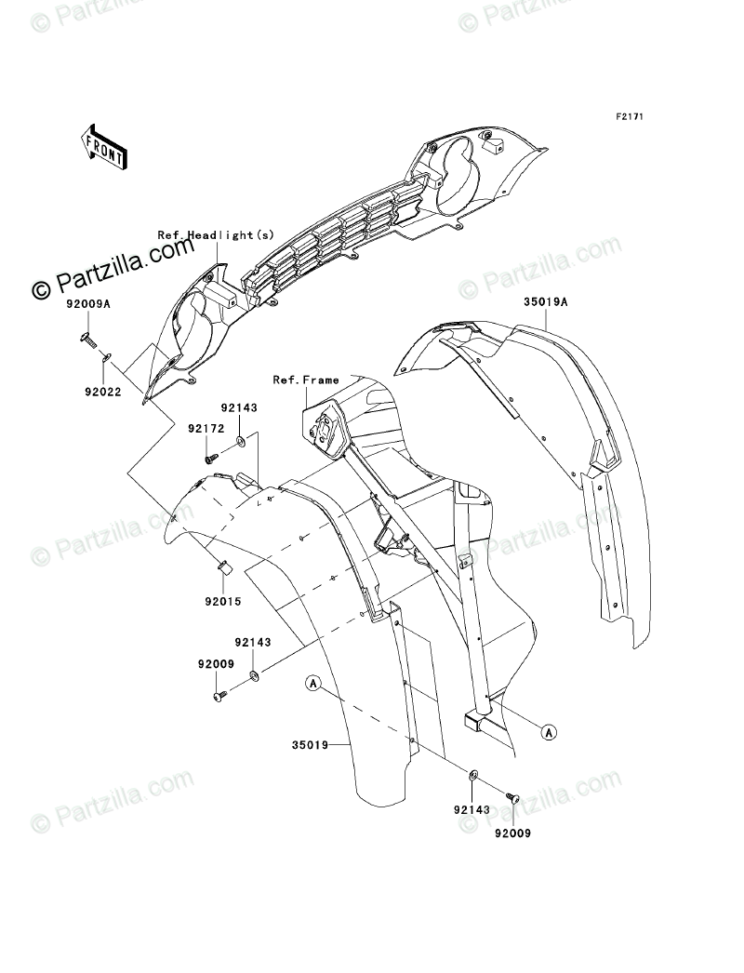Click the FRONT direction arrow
click(105, 146)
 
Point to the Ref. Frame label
click(306, 380)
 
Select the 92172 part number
click(206, 429)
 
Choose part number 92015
click(223, 602)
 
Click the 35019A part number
click(544, 303)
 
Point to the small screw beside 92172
click(211, 456)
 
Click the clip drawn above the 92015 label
click(223, 566)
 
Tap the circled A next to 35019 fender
click(314, 685)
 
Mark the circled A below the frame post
click(549, 733)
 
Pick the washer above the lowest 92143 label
click(473, 774)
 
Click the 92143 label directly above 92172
click(239, 408)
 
